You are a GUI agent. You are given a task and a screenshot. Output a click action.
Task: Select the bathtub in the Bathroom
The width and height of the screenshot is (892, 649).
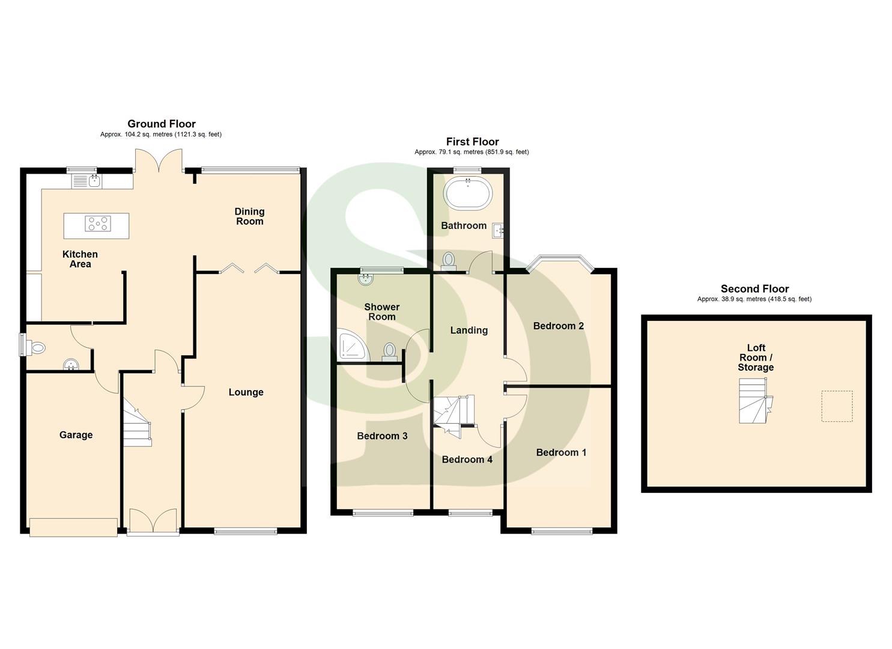[467, 194]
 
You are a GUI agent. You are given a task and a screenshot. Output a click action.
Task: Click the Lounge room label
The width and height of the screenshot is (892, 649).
[246, 392]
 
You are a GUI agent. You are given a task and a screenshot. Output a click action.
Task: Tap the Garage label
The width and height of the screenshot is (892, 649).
[76, 435]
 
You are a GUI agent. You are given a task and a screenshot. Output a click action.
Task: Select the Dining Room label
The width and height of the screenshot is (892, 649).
[249, 216]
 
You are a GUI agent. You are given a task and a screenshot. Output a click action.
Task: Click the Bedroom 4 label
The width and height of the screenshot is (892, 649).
[467, 460]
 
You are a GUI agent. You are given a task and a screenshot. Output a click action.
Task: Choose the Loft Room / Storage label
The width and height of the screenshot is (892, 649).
[756, 358]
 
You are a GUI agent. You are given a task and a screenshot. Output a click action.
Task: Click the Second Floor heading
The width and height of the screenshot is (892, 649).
[754, 289]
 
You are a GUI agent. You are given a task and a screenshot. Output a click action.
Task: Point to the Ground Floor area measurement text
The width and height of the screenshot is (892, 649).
[161, 135]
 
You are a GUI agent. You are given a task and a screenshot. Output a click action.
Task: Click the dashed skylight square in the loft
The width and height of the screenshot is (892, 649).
[836, 406]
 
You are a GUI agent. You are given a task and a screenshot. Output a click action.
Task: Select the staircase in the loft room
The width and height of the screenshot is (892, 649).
[754, 401]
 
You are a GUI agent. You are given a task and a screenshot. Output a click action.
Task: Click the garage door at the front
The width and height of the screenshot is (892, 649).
[73, 527]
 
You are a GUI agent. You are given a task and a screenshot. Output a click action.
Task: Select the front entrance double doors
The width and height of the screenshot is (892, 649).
[153, 521]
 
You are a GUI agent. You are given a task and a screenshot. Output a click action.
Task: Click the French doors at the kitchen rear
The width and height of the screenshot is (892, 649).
[159, 161]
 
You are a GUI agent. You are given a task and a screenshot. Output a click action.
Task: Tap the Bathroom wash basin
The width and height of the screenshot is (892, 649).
[498, 230]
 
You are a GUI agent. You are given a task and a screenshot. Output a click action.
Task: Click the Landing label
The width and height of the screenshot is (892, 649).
[469, 331]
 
